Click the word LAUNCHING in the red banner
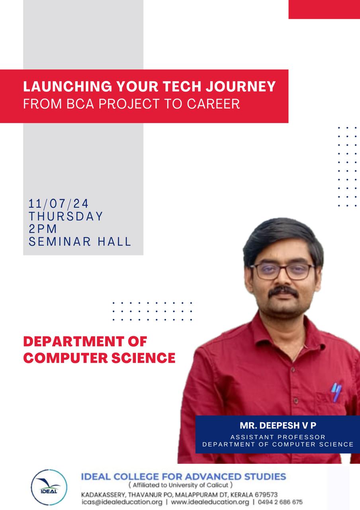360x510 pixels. pyautogui.click(x=68, y=86)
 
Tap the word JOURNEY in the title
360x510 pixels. pyautogui.click(x=241, y=86)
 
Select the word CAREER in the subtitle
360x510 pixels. pyautogui.click(x=213, y=104)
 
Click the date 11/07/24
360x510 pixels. pyautogui.click(x=58, y=203)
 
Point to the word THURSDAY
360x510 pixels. pyautogui.click(x=66, y=216)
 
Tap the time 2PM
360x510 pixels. pyautogui.click(x=43, y=229)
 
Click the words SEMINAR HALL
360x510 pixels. pyautogui.click(x=80, y=241)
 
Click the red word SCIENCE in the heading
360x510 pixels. pyautogui.click(x=143, y=358)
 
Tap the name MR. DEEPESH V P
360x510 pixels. pyautogui.click(x=278, y=425)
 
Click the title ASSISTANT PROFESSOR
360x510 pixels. pyautogui.click(x=278, y=437)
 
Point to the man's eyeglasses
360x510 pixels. pyautogui.click(x=282, y=271)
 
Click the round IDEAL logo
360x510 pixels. pyautogui.click(x=49, y=487)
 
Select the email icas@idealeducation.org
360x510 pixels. pyautogui.click(x=122, y=502)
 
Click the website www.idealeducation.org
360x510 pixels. pyautogui.click(x=210, y=502)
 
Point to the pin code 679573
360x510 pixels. pyautogui.click(x=266, y=494)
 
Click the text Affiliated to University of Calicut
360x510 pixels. pyautogui.click(x=180, y=485)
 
